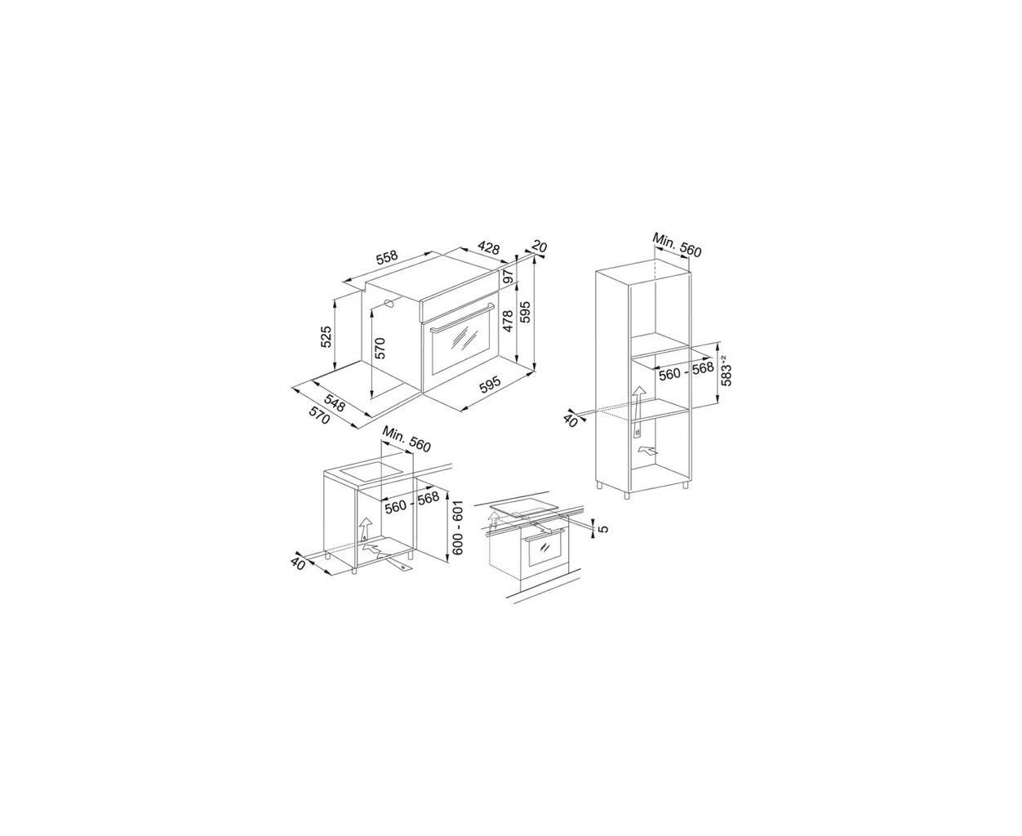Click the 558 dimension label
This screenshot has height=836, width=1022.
387,257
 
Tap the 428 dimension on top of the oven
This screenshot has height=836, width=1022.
488,247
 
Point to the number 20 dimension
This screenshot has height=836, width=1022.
539,247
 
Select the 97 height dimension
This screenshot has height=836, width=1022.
508,277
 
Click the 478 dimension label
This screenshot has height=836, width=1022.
508,321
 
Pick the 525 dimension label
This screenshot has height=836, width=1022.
327,336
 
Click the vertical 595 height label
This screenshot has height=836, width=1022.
526,312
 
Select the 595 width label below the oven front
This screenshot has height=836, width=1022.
490,385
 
